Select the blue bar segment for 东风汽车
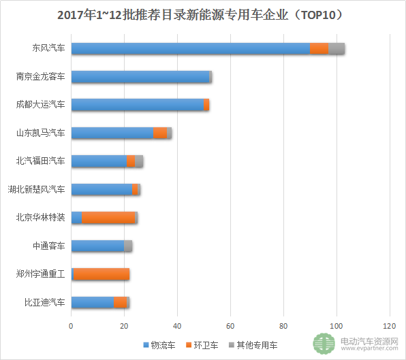tap(191, 48)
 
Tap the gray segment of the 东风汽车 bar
tap(337, 48)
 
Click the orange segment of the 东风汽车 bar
tap(319, 48)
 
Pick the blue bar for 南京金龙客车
tap(140, 77)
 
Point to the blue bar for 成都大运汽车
tap(138, 105)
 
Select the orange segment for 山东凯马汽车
tap(161, 133)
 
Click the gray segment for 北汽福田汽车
tap(139, 161)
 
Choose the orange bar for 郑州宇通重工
tap(101, 274)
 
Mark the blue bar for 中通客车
tap(97, 246)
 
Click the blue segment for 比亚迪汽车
tap(93, 302)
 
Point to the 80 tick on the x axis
tap(283, 326)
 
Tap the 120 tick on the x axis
tap(390, 326)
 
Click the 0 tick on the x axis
tap(72, 326)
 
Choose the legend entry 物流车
tap(159, 345)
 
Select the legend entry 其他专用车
tap(253, 345)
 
